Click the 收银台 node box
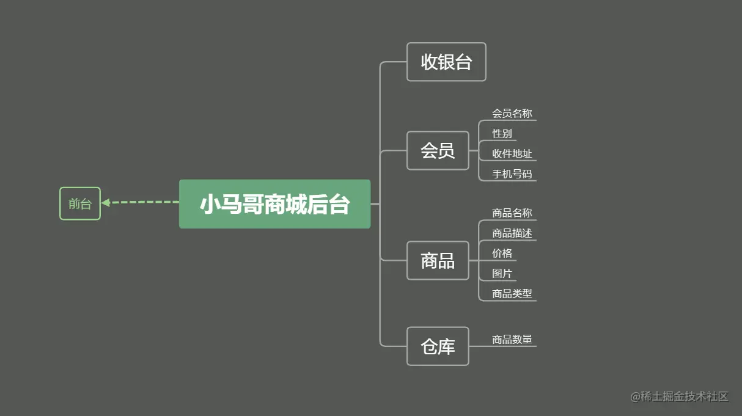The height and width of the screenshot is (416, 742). pos(446,62)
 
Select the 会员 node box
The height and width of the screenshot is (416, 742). pos(438,150)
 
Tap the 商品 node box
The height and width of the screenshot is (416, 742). pos(438,261)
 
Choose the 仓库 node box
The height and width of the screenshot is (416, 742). pos(438,346)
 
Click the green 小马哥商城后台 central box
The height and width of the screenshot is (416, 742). pos(274,204)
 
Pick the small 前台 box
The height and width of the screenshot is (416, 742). pos(79,203)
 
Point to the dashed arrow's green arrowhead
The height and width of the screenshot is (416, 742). pos(106,202)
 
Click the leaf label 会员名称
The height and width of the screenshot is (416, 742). pos(512,114)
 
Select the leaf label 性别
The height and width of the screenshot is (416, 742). pos(502,134)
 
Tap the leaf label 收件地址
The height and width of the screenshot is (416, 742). pos(512,154)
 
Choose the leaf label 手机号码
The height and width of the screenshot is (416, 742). pos(512,174)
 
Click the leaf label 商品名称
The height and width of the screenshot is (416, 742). pos(512,213)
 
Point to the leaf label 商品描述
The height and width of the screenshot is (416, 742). pos(512,233)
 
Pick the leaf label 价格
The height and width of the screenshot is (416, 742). pos(502,254)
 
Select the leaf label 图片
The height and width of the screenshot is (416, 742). pos(502,274)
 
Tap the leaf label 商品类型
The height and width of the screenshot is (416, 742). pos(512,294)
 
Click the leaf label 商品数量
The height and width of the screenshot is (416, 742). pos(512,340)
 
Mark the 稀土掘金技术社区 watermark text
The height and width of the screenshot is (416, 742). pos(685,396)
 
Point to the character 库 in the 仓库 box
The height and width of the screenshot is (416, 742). pos(447,347)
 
